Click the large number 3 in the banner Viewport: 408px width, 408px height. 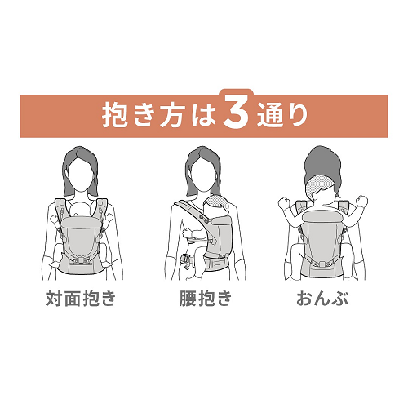point(236,113)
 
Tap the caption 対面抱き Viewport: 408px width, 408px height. point(81,299)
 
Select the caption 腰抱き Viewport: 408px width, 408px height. point(206,299)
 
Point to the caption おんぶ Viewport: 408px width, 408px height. point(322,299)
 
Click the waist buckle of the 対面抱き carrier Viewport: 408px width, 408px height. point(81,260)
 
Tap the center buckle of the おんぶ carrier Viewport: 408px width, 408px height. point(322,264)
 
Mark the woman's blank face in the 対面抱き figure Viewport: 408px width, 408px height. point(81,174)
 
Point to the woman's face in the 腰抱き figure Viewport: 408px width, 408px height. point(203,174)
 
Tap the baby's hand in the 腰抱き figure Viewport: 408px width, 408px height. point(187,233)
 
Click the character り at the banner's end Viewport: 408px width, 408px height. point(298,114)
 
